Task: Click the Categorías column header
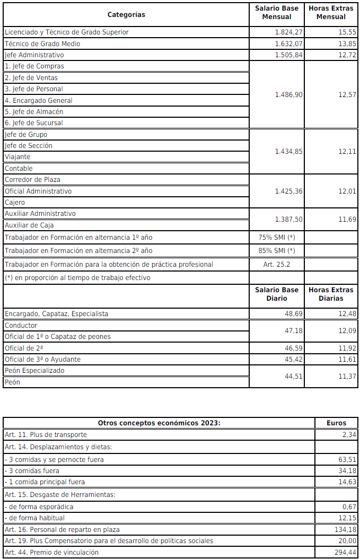(x=126, y=14)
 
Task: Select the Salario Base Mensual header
(x=276, y=12)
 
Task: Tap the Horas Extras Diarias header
(x=330, y=294)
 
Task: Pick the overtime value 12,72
(x=347, y=55)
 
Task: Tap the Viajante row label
(x=17, y=157)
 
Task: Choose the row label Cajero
(x=15, y=202)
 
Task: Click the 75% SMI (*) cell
(x=276, y=237)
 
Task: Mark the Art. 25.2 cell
(x=276, y=264)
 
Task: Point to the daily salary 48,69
(x=294, y=313)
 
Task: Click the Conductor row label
(x=21, y=325)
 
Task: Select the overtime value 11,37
(x=347, y=377)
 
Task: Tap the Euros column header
(x=337, y=423)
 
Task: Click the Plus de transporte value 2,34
(x=350, y=434)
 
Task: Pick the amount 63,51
(x=348, y=459)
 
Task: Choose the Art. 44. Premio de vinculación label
(x=51, y=552)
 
